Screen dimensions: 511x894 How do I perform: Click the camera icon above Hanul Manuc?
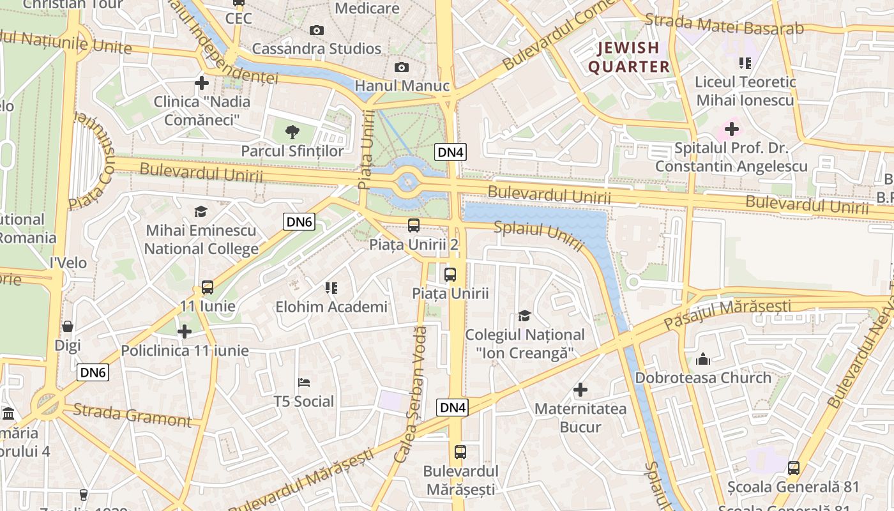pyautogui.click(x=401, y=67)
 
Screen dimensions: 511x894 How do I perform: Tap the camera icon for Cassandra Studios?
pyautogui.click(x=316, y=30)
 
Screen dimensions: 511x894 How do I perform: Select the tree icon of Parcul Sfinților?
pyautogui.click(x=292, y=132)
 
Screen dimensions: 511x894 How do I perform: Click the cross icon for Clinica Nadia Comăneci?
pyautogui.click(x=202, y=82)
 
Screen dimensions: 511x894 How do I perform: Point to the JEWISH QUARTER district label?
pyautogui.click(x=628, y=57)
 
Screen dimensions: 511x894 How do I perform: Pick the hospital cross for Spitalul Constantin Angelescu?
pyautogui.click(x=731, y=130)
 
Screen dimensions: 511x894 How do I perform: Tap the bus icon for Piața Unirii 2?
pyautogui.click(x=414, y=225)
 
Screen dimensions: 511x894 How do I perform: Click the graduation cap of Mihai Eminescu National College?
pyautogui.click(x=201, y=211)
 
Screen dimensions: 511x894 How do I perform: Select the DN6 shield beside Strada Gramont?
pyautogui.click(x=93, y=372)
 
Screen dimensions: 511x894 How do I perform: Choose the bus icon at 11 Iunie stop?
pyautogui.click(x=208, y=287)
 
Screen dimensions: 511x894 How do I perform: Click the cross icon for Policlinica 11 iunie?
pyautogui.click(x=185, y=332)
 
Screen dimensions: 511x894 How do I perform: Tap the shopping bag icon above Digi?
pyautogui.click(x=68, y=326)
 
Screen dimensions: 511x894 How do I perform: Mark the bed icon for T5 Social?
pyautogui.click(x=304, y=383)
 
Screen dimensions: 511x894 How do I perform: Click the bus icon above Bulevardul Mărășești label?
pyautogui.click(x=460, y=452)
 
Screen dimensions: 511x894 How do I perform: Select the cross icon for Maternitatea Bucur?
pyautogui.click(x=580, y=389)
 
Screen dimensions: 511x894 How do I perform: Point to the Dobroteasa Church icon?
pyautogui.click(x=703, y=359)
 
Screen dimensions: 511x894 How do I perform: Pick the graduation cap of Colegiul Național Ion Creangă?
pyautogui.click(x=524, y=316)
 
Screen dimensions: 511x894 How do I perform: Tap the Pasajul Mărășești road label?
pyautogui.click(x=728, y=314)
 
